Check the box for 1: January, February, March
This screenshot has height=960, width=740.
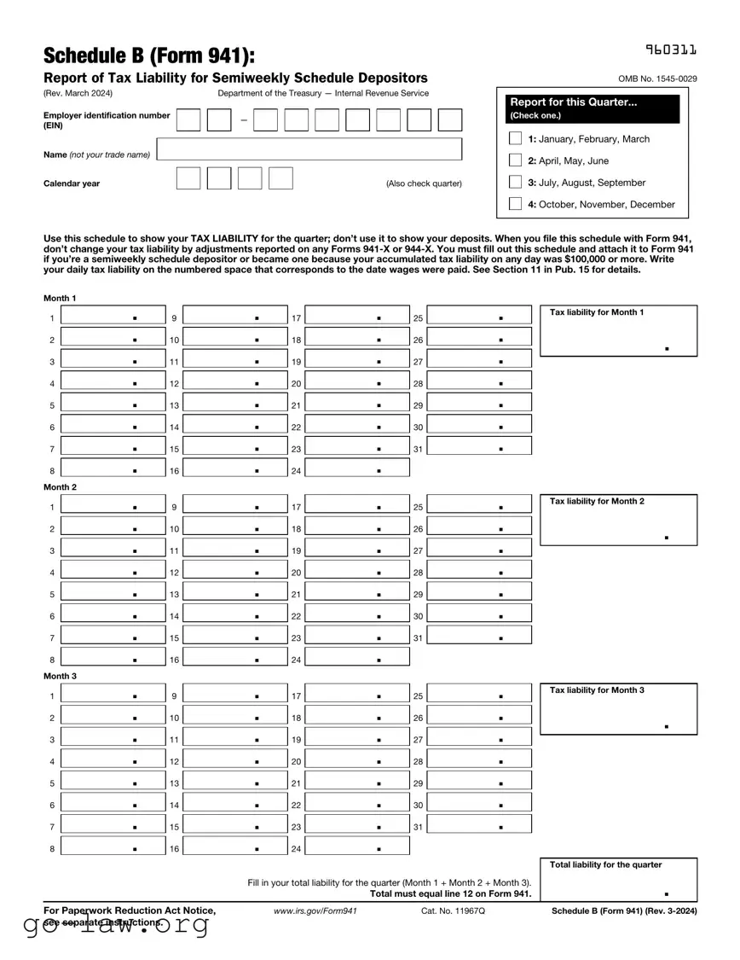tap(515, 138)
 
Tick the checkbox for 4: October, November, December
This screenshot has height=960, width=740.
tap(515, 204)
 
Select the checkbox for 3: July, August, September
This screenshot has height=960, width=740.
tap(515, 182)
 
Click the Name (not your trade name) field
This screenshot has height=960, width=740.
tap(309, 149)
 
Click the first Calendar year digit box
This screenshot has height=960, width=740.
tap(188, 178)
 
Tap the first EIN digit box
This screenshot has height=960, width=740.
tap(188, 120)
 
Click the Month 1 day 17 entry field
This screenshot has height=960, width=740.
tap(357, 317)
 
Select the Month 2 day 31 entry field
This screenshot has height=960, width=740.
tap(480, 637)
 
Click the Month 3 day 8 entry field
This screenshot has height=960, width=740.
tap(113, 848)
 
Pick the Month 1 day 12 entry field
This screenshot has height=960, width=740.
tap(235, 383)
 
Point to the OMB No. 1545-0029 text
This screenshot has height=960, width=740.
tap(657, 79)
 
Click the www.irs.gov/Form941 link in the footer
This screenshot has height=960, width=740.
tap(315, 911)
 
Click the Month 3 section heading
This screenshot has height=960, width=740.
tap(61, 676)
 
